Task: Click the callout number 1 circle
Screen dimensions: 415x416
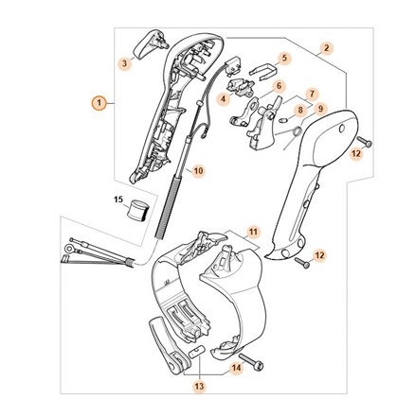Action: click(x=99, y=103)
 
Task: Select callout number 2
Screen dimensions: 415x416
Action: click(x=327, y=48)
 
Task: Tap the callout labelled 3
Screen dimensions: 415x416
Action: click(x=125, y=63)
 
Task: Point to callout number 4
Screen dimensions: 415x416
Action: click(x=224, y=99)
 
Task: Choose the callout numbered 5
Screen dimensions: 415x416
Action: click(x=284, y=58)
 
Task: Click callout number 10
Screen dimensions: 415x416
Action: click(x=198, y=171)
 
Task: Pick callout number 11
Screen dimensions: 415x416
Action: click(x=253, y=232)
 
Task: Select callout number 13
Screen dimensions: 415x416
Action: click(x=200, y=386)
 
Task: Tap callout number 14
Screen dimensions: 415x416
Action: click(x=237, y=368)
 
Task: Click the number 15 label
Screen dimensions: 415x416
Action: click(x=117, y=199)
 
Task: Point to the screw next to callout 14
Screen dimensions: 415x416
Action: click(x=252, y=361)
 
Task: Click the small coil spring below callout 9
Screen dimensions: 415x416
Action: click(x=297, y=131)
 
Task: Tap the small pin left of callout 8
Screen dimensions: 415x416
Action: click(x=283, y=119)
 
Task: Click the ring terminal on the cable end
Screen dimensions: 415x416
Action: click(x=69, y=249)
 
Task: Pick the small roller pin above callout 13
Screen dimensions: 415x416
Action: click(x=197, y=352)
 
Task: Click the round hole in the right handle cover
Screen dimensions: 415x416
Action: click(x=341, y=130)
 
